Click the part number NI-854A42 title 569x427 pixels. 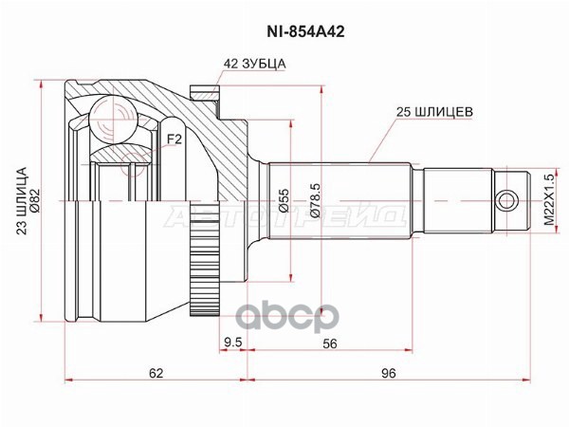[305, 32]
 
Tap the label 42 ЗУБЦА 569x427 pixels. [255, 64]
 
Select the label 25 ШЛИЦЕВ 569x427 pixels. [434, 112]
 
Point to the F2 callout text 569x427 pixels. [174, 139]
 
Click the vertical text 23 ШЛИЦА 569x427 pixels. [23, 201]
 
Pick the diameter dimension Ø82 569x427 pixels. [36, 201]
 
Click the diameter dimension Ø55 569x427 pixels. [284, 200]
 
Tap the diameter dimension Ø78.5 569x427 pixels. [315, 200]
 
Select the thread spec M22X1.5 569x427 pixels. [550, 199]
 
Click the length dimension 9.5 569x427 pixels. [233, 343]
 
